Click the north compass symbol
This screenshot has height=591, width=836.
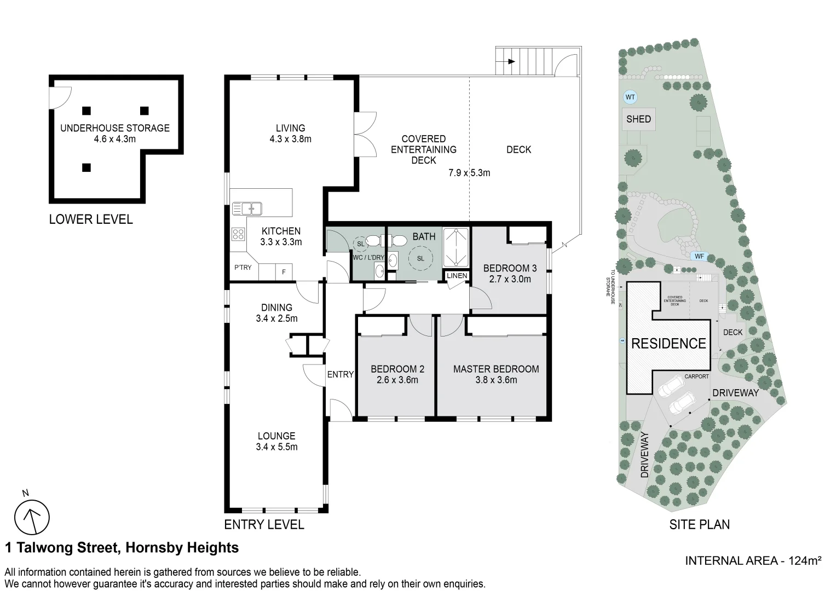pos(32,517)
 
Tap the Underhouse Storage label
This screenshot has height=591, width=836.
pos(115,128)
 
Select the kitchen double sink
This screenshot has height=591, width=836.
pos(247,208)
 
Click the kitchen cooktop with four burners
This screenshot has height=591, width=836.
pos(238,234)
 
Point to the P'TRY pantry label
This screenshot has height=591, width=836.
pos(243,268)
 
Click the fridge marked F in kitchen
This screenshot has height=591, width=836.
pos(284,271)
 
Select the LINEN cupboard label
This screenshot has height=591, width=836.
pos(457,276)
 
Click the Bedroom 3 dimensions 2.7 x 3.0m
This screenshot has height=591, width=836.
pos(509,279)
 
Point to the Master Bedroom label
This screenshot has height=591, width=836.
pos(496,369)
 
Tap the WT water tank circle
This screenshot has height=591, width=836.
pos(630,97)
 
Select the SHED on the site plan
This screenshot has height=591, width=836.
pos(638,119)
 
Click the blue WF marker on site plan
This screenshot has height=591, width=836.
pos(699,256)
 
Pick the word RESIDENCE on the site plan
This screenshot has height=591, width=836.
pos(668,344)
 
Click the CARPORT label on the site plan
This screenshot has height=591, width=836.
pos(696,376)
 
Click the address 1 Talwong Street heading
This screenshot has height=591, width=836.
pos(122,548)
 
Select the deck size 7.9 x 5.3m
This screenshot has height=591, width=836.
pos(469,173)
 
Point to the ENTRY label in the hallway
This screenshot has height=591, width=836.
pos(340,374)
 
